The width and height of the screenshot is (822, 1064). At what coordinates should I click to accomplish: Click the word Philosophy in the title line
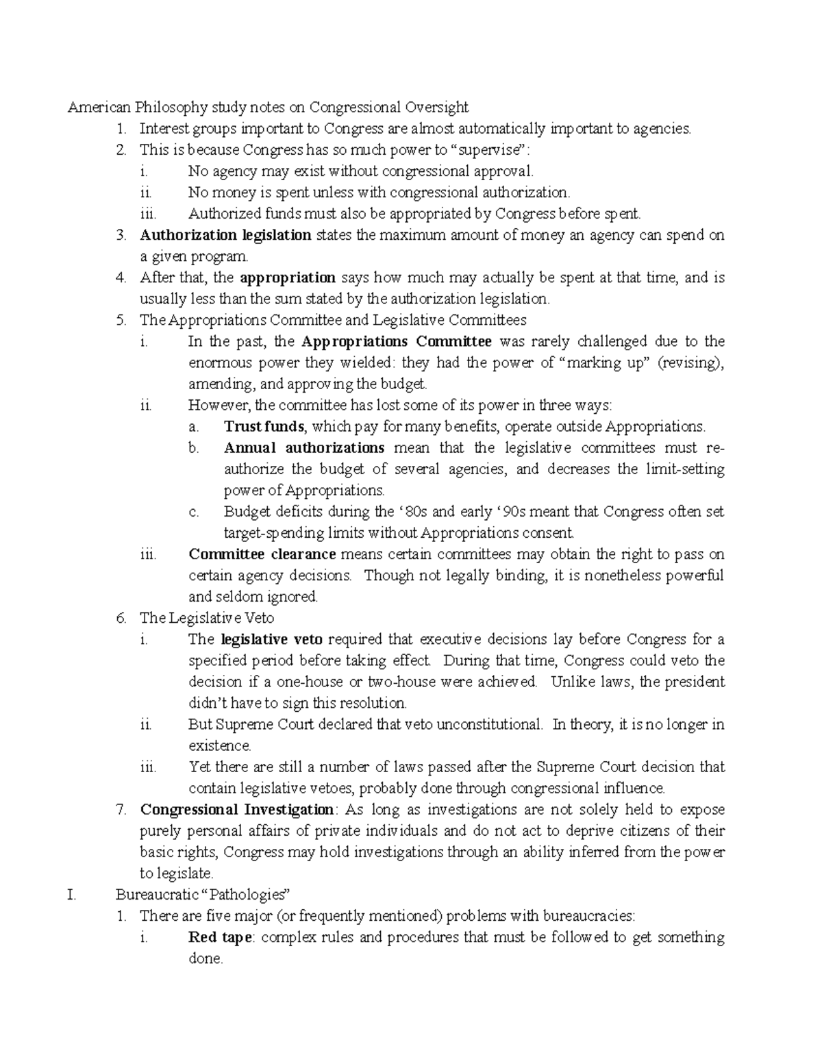coord(171,107)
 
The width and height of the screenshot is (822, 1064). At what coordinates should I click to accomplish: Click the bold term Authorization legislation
coord(225,235)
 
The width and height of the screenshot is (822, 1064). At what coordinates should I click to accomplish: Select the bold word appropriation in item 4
coord(288,277)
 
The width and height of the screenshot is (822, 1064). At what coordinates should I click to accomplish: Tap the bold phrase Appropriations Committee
coord(396,341)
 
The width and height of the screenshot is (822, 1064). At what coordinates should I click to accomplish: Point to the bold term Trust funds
coord(264,426)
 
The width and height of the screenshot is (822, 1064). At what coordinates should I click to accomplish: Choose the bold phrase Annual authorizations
coord(304,447)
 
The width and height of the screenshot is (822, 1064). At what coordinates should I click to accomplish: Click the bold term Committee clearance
coord(262,554)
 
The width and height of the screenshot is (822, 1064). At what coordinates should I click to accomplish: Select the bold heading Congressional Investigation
coord(237,809)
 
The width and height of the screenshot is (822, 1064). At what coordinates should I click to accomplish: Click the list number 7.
coord(121,809)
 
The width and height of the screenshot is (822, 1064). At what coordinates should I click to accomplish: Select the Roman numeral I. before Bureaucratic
coord(71,894)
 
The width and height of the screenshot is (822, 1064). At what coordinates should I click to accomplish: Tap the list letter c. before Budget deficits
coord(194,511)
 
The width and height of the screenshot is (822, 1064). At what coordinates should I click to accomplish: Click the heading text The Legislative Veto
coord(207,617)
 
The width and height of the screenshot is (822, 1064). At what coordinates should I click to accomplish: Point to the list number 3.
coord(121,235)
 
